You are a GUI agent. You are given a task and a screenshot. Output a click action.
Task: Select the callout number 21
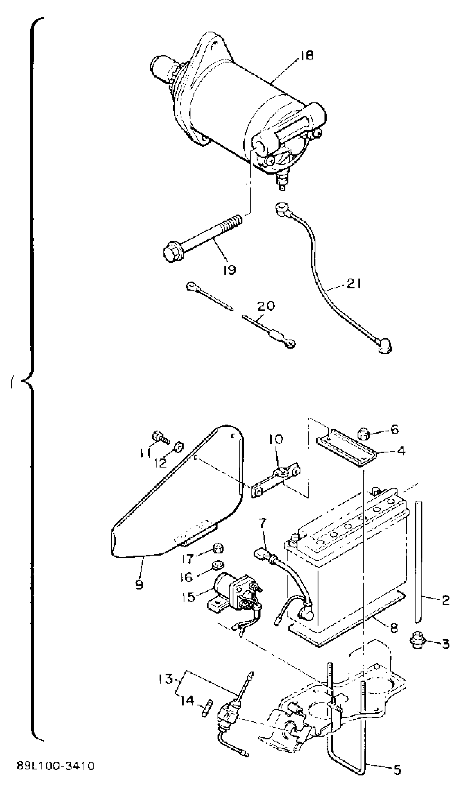click(x=353, y=284)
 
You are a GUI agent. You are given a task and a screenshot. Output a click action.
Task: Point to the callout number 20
click(x=266, y=306)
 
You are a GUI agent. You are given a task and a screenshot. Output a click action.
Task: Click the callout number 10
click(x=276, y=439)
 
